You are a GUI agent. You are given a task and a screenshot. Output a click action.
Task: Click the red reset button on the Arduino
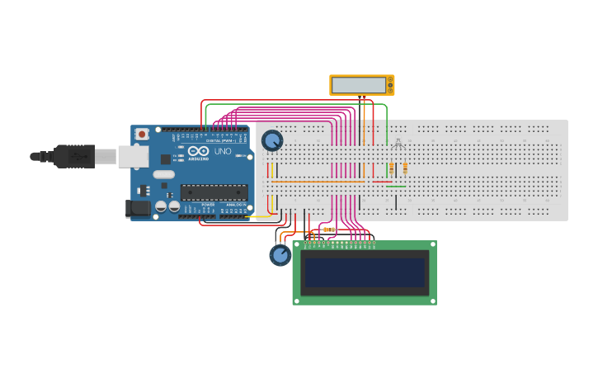pyautogui.click(x=142, y=134)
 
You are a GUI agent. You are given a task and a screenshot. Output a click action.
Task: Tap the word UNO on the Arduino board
pyautogui.click(x=223, y=151)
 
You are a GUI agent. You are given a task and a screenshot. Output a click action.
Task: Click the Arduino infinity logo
pyautogui.click(x=198, y=150)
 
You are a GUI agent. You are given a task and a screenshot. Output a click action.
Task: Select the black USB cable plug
pyautogui.click(x=73, y=156)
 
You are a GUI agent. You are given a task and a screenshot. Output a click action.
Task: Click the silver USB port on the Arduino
pyautogui.click(x=133, y=156)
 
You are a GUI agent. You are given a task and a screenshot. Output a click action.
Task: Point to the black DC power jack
pyautogui.click(x=138, y=208)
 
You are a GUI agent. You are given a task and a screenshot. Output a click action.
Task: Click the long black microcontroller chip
pyautogui.click(x=214, y=192)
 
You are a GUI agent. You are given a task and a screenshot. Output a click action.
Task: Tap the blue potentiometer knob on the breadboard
pyautogui.click(x=272, y=140)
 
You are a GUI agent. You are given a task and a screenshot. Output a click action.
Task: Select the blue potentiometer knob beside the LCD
pyautogui.click(x=280, y=255)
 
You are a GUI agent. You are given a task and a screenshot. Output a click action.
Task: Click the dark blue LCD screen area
pyautogui.click(x=365, y=272)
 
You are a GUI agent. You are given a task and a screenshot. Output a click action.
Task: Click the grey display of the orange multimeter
pyautogui.click(x=359, y=85)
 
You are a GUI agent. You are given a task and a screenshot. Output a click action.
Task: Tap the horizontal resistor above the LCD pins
pyautogui.click(x=328, y=230)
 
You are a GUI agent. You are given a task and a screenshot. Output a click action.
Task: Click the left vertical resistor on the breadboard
pyautogui.click(x=391, y=168)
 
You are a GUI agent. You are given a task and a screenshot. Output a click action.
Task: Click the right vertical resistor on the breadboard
pyautogui.click(x=405, y=168)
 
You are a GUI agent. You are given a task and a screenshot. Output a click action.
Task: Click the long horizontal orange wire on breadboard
pyautogui.click(x=318, y=182)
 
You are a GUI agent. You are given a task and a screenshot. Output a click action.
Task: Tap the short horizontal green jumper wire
pyautogui.click(x=396, y=187)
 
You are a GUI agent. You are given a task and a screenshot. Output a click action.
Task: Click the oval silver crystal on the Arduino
pyautogui.click(x=164, y=174)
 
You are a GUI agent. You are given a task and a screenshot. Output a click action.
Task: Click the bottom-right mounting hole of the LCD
pyautogui.click(x=431, y=300)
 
